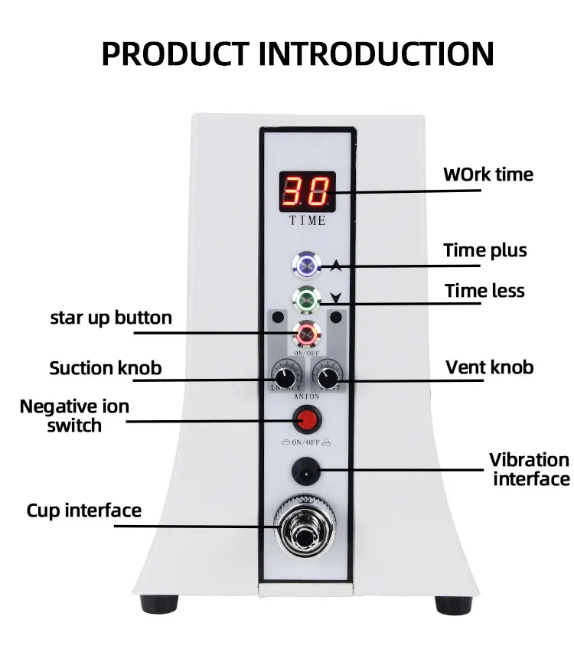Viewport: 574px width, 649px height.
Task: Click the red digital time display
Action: click(x=307, y=191)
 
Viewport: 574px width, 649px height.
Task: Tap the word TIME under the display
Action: click(x=307, y=220)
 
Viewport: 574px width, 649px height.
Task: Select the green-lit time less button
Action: click(x=307, y=298)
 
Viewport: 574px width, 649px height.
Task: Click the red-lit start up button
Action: click(x=307, y=333)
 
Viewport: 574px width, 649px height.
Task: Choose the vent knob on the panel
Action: click(x=327, y=377)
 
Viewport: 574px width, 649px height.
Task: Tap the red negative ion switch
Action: click(x=307, y=419)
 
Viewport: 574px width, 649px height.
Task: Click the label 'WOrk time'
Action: click(x=488, y=174)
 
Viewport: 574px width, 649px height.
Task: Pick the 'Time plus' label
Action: click(x=485, y=250)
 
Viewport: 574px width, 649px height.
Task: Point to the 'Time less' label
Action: click(x=484, y=291)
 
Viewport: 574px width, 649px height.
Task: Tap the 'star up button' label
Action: click(x=111, y=317)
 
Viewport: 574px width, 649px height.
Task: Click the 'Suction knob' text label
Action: click(x=106, y=368)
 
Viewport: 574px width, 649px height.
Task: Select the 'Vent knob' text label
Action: click(x=489, y=367)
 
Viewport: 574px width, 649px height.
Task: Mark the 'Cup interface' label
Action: click(x=84, y=510)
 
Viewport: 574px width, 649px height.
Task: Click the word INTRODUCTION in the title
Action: click(x=376, y=54)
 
